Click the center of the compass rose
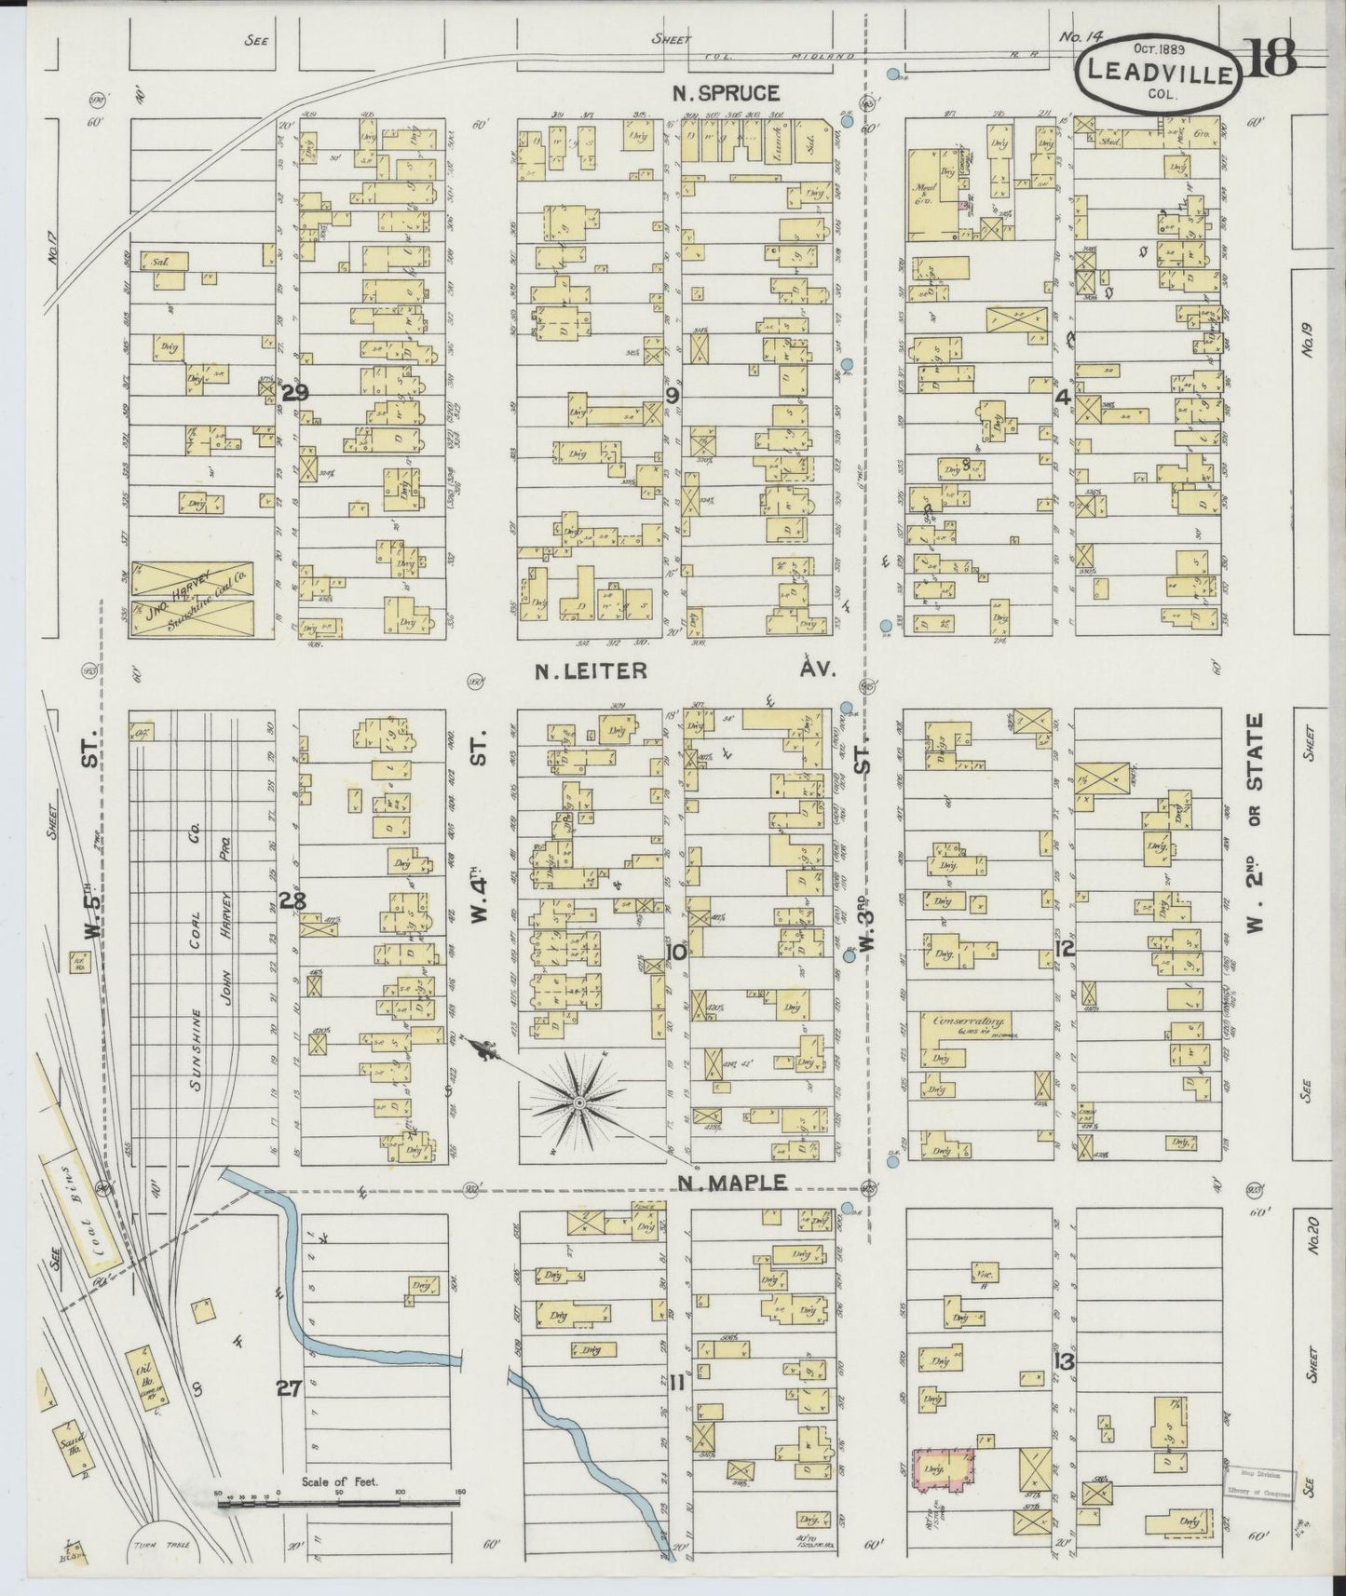pyautogui.click(x=578, y=1102)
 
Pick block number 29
pyautogui.click(x=293, y=393)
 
